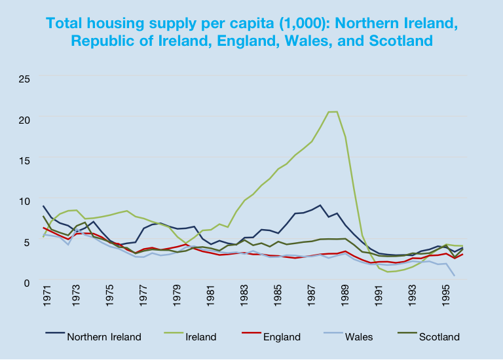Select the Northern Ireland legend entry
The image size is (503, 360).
pos(103,337)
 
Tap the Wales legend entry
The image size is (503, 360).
pos(357,337)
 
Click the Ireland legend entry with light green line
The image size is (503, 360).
pos(200,337)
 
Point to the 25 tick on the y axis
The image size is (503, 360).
pos(24,79)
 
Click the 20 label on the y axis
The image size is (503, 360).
pos(24,120)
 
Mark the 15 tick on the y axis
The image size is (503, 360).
pos(24,160)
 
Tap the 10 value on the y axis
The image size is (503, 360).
pos(24,201)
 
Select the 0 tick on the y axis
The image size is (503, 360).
pos(27,282)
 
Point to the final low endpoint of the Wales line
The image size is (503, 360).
pos(455,276)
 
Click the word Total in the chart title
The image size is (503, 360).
pos(67,23)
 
